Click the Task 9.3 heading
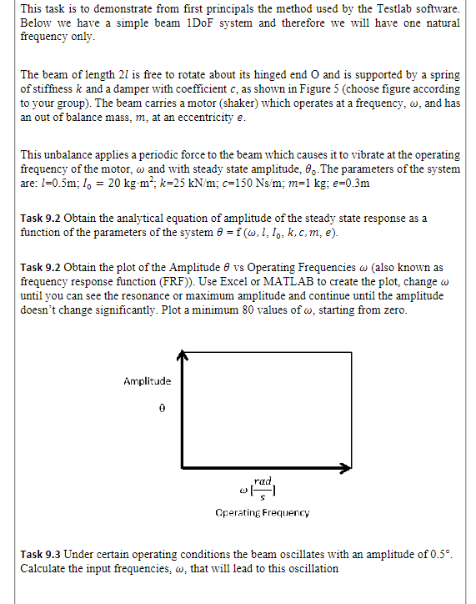pyautogui.click(x=39, y=555)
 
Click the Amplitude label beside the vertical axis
pyautogui.click(x=147, y=380)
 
